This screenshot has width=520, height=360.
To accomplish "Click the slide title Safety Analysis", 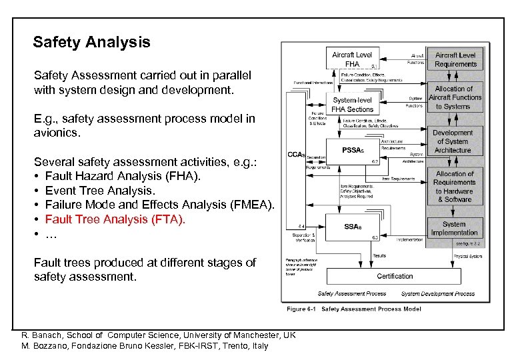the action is [x=91, y=43].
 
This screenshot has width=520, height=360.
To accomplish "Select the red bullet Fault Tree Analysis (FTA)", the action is [x=115, y=219].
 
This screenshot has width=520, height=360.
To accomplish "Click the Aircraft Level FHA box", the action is [x=353, y=59].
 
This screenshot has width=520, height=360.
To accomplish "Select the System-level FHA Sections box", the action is [x=353, y=105].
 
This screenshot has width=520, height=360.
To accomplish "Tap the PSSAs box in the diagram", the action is [x=353, y=151].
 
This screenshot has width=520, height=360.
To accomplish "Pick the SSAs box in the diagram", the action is [x=353, y=227].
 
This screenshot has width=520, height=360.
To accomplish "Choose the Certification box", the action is [x=395, y=276].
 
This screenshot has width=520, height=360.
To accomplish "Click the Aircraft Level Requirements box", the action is [x=456, y=59].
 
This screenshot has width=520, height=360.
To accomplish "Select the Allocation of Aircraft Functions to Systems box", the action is [x=456, y=97].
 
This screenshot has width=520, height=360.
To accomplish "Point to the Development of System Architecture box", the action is [x=453, y=141].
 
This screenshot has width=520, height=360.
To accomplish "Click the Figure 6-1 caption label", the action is [x=302, y=309].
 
